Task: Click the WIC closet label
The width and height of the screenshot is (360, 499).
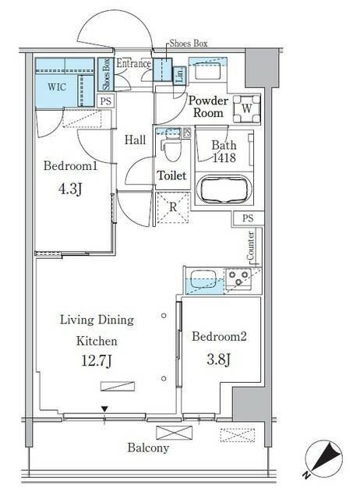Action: tap(57, 87)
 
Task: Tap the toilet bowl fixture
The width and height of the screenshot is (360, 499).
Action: tap(171, 149)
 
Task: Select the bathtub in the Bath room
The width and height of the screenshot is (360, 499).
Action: tap(224, 189)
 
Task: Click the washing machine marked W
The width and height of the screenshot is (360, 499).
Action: tap(247, 109)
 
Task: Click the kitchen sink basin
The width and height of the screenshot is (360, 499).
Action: tap(203, 279)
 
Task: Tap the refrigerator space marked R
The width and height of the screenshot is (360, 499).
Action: tap(173, 207)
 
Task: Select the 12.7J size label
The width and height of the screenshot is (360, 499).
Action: tap(97, 361)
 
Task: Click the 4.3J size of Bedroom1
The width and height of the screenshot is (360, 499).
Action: tap(70, 189)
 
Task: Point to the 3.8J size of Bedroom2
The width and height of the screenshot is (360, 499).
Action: tap(218, 360)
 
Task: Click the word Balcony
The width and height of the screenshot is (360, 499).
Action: tap(148, 448)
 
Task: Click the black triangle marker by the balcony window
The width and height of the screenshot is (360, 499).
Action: tap(105, 409)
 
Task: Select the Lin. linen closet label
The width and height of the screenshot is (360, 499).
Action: tap(180, 76)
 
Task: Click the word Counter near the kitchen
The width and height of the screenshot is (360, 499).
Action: tap(251, 245)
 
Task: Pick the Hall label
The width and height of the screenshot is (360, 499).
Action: tap(135, 140)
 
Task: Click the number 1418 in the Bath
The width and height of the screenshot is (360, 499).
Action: tap(224, 157)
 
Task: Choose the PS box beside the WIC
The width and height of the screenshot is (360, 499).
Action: tap(106, 101)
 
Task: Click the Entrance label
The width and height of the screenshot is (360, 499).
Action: tap(133, 63)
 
